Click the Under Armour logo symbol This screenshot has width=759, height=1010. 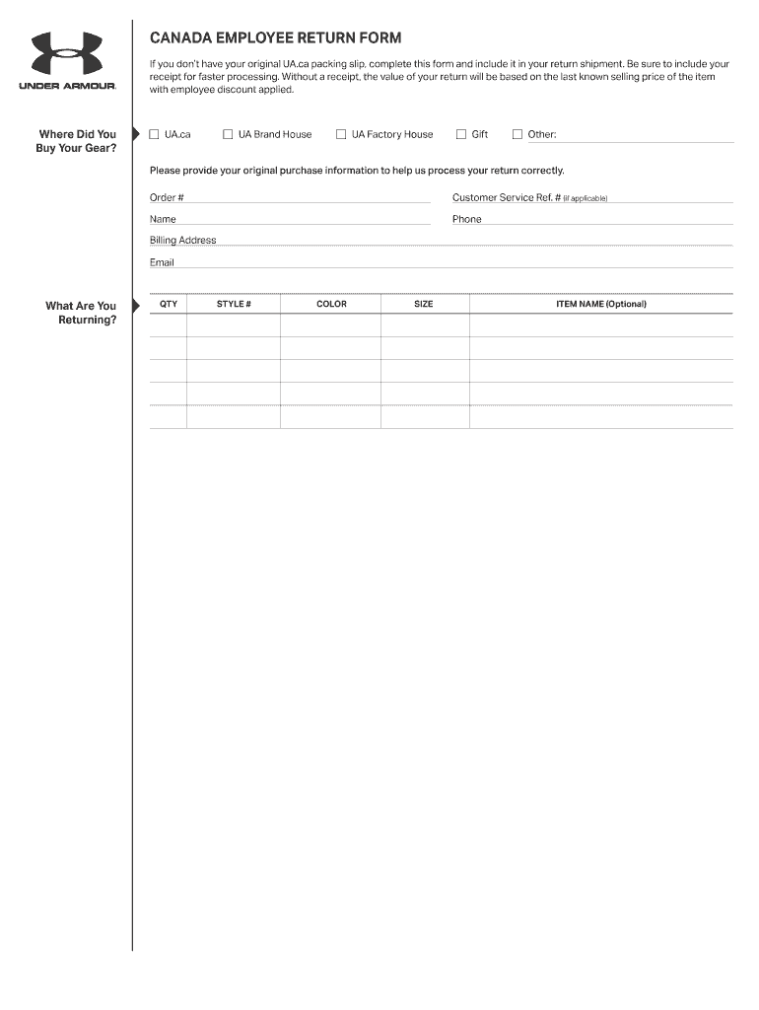click(67, 53)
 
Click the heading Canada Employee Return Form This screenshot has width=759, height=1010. click(275, 38)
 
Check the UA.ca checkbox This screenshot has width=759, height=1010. click(154, 134)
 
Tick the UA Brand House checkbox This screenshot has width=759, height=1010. click(228, 134)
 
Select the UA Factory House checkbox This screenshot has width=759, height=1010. click(341, 134)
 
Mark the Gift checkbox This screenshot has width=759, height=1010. click(460, 134)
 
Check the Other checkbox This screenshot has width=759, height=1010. click(517, 134)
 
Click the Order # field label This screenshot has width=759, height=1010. click(167, 197)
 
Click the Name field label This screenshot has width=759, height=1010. click(163, 219)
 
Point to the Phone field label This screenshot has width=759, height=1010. click(466, 219)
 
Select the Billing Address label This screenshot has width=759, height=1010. click(182, 241)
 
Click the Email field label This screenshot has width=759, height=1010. click(162, 262)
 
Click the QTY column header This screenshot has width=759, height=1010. click(169, 304)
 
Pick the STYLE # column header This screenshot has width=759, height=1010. click(234, 304)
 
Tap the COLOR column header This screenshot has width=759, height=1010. click(331, 304)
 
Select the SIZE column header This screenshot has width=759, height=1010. click(423, 304)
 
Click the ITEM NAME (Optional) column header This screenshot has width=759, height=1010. click(601, 304)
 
